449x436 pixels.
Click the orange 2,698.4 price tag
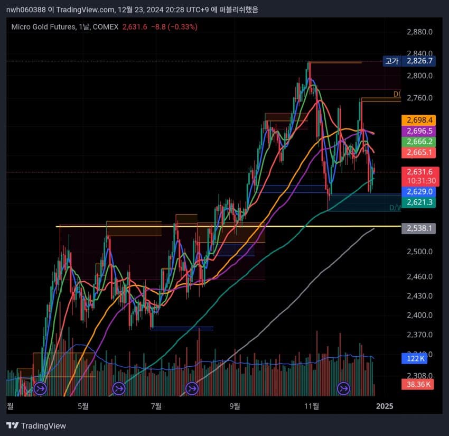[417, 120]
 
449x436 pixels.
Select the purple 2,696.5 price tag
[417, 131]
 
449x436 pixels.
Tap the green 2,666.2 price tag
[417, 142]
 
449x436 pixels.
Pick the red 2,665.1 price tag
[417, 152]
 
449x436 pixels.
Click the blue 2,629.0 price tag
[417, 191]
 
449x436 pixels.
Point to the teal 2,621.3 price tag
[417, 202]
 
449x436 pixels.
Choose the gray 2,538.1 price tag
[417, 228]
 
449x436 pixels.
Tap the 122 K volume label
[416, 359]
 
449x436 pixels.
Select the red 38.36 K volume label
[417, 385]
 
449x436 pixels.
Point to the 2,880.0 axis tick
[420, 32]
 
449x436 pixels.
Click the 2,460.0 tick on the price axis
[420, 276]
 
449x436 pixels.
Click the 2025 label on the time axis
[385, 406]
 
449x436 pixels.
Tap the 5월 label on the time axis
[83, 406]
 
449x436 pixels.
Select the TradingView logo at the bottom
[36, 425]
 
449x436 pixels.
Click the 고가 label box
[391, 61]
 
